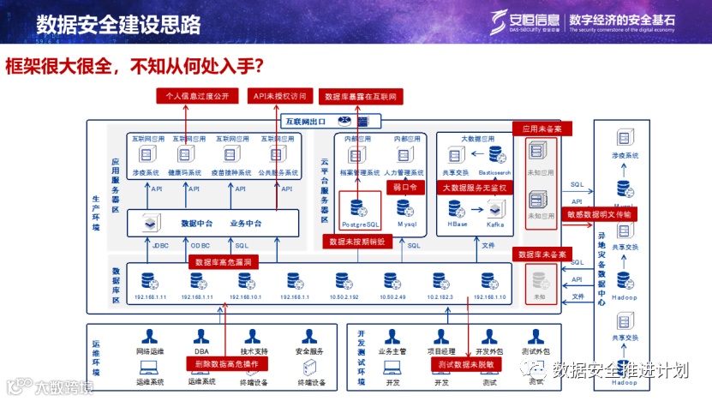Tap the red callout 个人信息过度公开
(x=196, y=96)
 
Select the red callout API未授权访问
(x=278, y=96)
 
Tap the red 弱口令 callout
(x=404, y=186)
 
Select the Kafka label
(x=497, y=224)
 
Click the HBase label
(x=458, y=224)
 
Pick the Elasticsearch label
(x=494, y=172)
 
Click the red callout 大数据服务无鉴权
(x=475, y=187)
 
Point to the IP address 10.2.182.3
(x=440, y=297)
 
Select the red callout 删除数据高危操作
(x=227, y=364)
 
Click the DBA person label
(x=200, y=351)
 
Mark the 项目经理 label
(x=440, y=351)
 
